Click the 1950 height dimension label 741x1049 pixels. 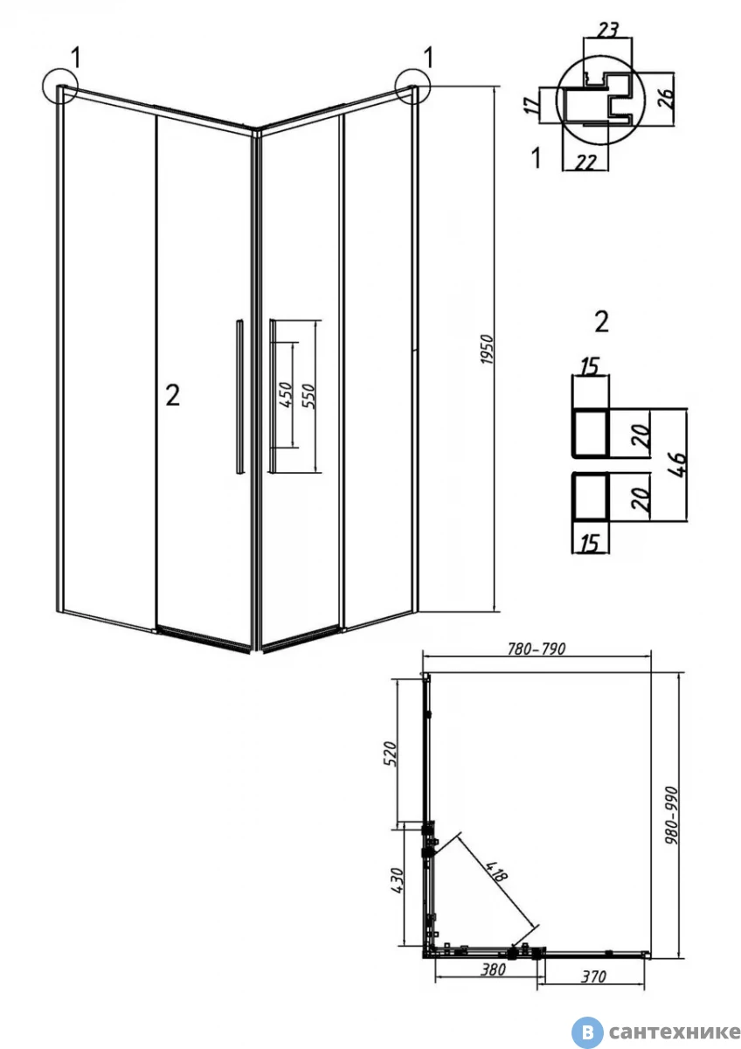(x=488, y=350)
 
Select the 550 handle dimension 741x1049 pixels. (x=309, y=396)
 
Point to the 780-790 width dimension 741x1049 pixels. (x=537, y=649)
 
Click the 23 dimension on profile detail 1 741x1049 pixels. (x=607, y=29)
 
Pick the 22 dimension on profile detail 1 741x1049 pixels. (x=585, y=162)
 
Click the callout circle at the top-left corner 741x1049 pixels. (x=59, y=86)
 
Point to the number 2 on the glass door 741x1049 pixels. (x=172, y=396)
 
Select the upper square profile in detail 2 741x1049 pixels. (x=591, y=433)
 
